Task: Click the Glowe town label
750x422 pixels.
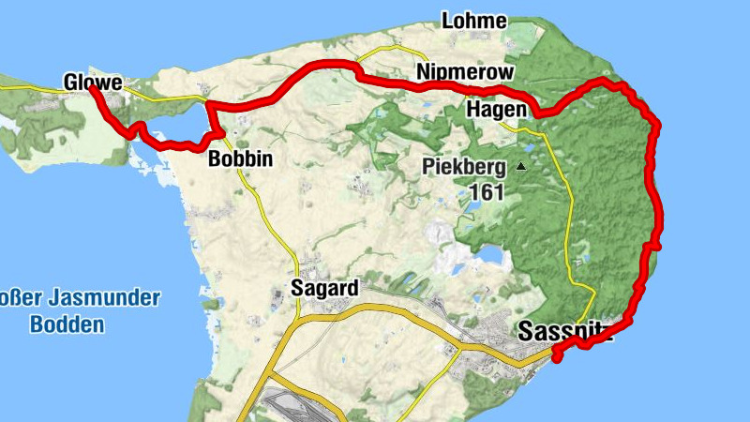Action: click(93, 83)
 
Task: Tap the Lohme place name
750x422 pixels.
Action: click(474, 21)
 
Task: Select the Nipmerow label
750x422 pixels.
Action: click(466, 72)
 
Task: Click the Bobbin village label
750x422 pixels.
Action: click(241, 158)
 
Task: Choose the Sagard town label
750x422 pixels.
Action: click(324, 288)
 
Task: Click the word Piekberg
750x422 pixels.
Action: click(465, 168)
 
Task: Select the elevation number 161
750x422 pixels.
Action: click(484, 193)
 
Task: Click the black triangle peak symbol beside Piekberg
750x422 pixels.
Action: click(521, 167)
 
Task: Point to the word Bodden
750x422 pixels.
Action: click(66, 325)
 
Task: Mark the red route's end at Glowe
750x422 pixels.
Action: click(92, 91)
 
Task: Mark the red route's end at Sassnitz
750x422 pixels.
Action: click(556, 356)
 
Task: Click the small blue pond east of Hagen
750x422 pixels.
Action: click(531, 146)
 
